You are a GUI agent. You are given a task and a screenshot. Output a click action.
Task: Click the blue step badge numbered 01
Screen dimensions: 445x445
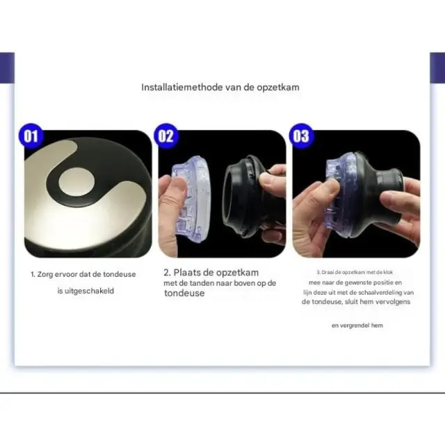tap(31, 136)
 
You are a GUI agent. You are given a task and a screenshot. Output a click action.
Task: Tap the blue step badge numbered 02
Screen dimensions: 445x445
tap(166, 136)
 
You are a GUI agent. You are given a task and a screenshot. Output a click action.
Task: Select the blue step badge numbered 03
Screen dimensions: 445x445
tap(301, 136)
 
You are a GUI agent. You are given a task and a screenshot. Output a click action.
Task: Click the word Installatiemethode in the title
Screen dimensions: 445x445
tap(182, 87)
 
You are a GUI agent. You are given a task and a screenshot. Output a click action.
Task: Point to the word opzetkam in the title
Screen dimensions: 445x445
tap(278, 88)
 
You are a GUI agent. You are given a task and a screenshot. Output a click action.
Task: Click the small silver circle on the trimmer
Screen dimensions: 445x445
tap(76, 182)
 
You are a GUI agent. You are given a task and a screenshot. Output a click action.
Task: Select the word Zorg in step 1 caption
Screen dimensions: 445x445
tap(45, 275)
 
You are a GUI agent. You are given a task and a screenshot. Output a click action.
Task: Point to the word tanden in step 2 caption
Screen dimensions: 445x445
tap(202, 283)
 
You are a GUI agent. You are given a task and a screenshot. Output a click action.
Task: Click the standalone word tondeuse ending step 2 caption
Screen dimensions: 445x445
tap(184, 293)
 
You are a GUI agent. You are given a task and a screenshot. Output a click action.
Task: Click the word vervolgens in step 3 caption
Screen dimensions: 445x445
tap(393, 302)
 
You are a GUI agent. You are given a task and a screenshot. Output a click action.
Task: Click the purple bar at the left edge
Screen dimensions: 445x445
tap(7, 68)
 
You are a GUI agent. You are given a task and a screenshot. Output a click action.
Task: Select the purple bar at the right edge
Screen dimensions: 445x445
tap(437, 68)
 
